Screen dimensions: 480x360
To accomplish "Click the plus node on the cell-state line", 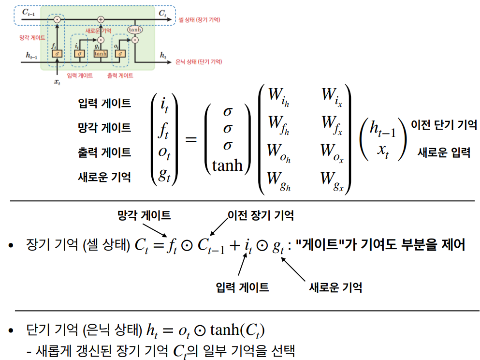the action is pyautogui.click(x=101, y=19).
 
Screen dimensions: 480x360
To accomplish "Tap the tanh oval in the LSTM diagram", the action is pyautogui.click(x=134, y=30).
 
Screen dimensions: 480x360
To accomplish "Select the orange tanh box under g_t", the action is pyautogui.click(x=101, y=53).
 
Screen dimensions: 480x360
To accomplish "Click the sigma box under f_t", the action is pyautogui.click(x=57, y=53).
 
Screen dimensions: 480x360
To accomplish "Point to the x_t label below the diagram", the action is pyautogui.click(x=57, y=82).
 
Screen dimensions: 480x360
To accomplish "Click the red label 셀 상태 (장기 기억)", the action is pyautogui.click(x=199, y=19).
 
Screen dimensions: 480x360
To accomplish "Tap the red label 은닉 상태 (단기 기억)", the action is pyautogui.click(x=200, y=61).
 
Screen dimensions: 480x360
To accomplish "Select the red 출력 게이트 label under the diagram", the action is pyautogui.click(x=120, y=75).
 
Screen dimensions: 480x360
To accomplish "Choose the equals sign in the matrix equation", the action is pyautogui.click(x=191, y=140).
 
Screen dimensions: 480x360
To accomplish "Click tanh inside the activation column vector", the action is pyautogui.click(x=228, y=165).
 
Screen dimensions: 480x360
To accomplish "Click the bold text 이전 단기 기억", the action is pyautogui.click(x=444, y=124).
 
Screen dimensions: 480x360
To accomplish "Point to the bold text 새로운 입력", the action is pyautogui.click(x=444, y=153).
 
